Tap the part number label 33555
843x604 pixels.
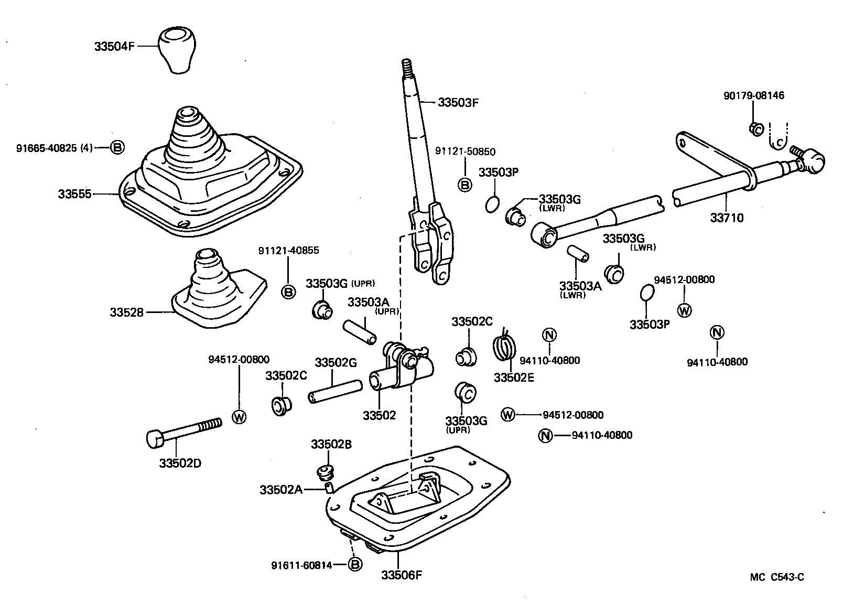(x=74, y=194)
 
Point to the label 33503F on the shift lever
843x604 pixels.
(x=458, y=102)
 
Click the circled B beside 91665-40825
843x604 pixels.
(x=117, y=148)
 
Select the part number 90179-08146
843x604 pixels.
(x=754, y=95)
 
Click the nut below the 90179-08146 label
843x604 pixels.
(x=755, y=128)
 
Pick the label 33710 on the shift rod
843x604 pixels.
(x=727, y=218)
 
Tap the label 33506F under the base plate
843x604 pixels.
(x=401, y=575)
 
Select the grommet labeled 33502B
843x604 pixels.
(x=326, y=471)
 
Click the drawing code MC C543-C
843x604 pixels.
(x=776, y=577)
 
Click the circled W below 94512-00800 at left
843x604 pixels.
(x=239, y=417)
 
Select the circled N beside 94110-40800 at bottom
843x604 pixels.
(x=545, y=435)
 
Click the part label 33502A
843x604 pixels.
(x=281, y=490)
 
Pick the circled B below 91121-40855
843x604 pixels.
(x=288, y=292)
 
